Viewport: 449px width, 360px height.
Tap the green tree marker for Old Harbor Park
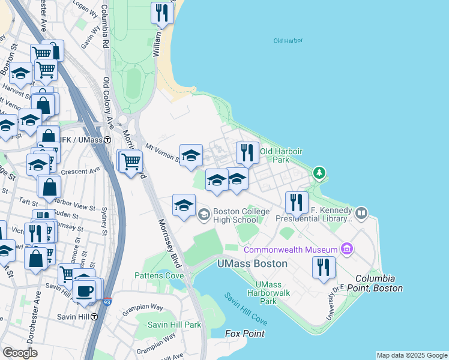coord(320,174)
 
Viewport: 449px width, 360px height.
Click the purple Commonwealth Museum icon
coord(346,248)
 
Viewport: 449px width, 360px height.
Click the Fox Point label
coord(244,333)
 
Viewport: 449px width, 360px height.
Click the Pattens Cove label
coord(159,275)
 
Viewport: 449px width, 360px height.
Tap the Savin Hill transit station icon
coord(94,317)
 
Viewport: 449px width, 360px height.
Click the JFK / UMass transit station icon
coord(107,140)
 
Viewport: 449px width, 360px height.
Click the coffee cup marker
coord(85,291)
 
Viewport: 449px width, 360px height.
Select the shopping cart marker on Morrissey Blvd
coord(131,161)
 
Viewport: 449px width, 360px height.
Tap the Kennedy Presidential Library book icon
coord(361,213)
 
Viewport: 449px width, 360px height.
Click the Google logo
coord(20,353)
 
